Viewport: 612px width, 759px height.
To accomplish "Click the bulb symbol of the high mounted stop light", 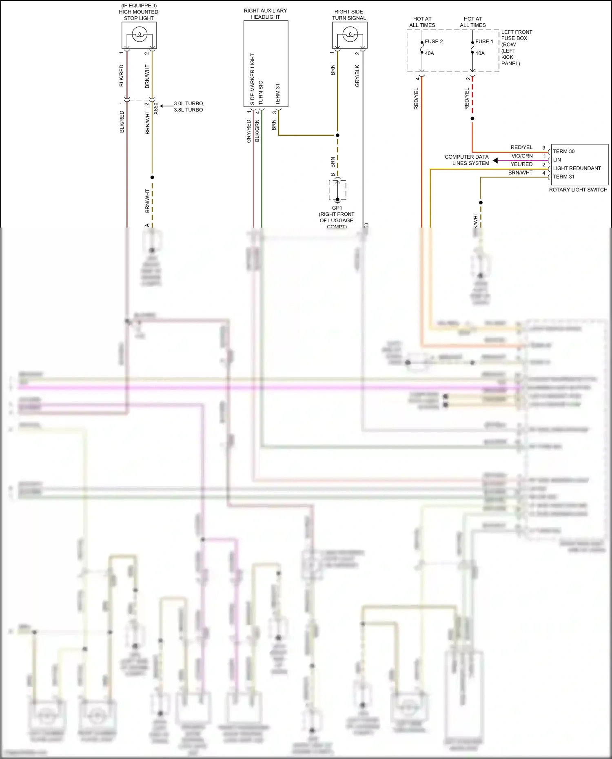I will tap(139, 35).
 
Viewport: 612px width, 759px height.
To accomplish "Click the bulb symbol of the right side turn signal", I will tap(349, 35).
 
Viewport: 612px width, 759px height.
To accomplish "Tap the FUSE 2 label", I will tap(433, 41).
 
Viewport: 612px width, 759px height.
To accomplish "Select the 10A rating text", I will tap(480, 53).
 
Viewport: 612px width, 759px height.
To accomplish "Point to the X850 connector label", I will tap(155, 108).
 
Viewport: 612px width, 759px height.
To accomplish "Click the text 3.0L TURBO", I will tap(188, 103).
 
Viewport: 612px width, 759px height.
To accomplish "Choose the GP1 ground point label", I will tap(337, 208).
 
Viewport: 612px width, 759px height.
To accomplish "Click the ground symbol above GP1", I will tap(337, 200).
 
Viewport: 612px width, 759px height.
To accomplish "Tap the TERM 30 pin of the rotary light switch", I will tap(563, 151).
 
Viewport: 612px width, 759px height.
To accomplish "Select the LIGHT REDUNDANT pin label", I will tap(577, 168).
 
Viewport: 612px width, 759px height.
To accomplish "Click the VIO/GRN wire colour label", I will tap(522, 156).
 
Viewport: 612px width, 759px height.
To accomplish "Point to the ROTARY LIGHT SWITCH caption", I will tap(578, 190).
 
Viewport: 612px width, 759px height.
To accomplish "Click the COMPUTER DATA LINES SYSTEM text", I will tap(467, 160).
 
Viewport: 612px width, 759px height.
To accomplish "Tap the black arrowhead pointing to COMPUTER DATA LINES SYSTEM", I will tap(495, 160).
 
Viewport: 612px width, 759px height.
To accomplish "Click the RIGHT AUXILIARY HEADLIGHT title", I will tap(265, 13).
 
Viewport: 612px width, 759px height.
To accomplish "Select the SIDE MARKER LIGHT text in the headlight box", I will tap(253, 79).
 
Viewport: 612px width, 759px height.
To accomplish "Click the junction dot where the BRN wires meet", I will tap(337, 135).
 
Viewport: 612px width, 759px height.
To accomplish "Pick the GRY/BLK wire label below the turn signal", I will tap(357, 76).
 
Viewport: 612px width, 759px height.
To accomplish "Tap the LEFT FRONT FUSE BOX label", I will tap(516, 35).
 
